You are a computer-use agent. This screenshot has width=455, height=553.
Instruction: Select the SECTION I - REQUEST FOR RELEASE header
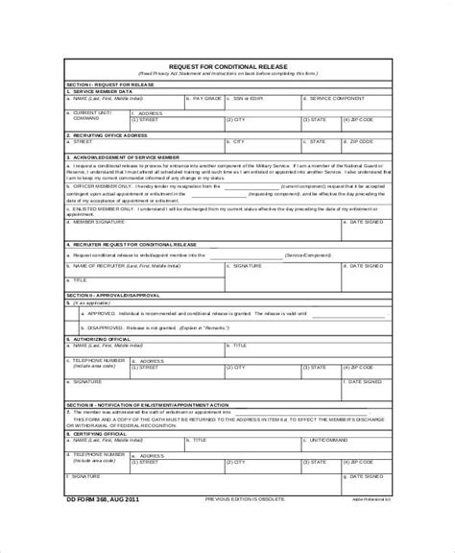[109, 84]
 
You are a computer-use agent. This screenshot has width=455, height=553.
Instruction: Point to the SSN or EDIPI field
[251, 98]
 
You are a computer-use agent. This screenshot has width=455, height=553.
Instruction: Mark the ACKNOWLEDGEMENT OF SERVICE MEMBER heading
[126, 156]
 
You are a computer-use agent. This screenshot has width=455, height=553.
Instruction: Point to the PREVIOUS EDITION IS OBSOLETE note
[248, 500]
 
